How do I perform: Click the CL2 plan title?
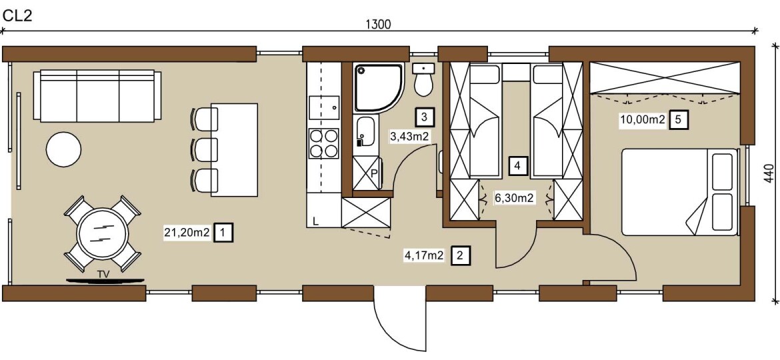click(17, 16)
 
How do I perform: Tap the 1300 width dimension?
click(378, 25)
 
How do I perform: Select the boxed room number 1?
click(223, 232)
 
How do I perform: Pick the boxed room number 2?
click(459, 256)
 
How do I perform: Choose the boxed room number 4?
click(518, 165)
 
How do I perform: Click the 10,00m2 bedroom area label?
click(642, 120)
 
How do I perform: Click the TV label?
click(103, 274)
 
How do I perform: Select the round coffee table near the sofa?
click(64, 149)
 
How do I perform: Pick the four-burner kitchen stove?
click(324, 143)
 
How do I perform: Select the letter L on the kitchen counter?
click(315, 221)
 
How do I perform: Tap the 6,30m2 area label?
click(514, 199)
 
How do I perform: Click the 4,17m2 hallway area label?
click(423, 256)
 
